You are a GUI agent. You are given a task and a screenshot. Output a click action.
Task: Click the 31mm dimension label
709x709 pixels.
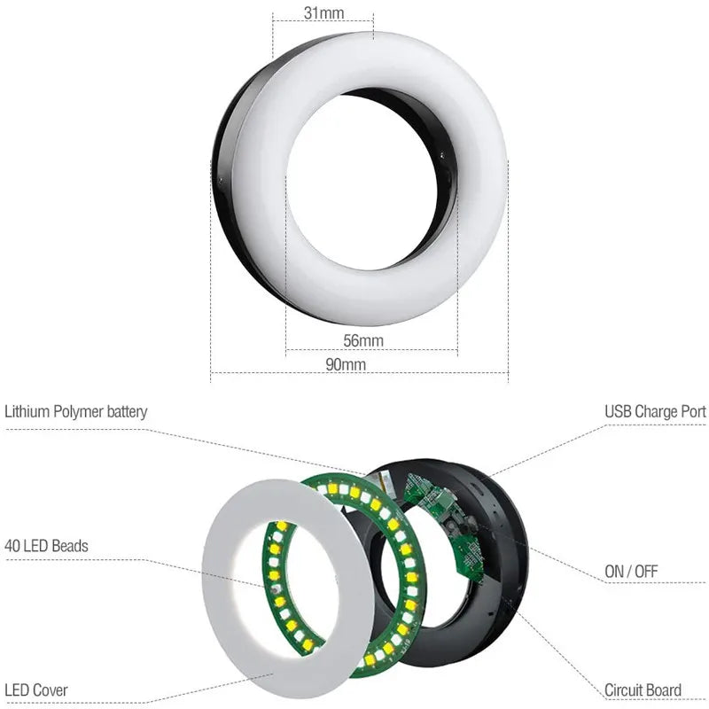[324, 12]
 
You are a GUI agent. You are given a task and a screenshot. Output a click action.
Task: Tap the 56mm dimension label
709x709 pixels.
[363, 340]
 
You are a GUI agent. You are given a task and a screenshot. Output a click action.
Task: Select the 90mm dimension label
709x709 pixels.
[346, 364]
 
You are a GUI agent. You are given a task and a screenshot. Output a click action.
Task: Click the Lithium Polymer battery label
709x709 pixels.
[76, 412]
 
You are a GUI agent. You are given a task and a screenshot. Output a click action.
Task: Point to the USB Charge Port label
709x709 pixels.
[655, 412]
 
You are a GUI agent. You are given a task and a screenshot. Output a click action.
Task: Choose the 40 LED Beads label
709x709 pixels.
[46, 546]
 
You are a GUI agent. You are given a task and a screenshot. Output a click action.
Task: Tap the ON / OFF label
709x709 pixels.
[631, 572]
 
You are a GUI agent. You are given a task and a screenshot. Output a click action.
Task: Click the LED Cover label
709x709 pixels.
[36, 690]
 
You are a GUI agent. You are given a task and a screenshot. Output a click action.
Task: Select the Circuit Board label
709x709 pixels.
[643, 690]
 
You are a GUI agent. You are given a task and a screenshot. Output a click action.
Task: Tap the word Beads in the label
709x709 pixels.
[69, 546]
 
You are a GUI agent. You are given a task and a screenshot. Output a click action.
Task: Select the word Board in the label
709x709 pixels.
[664, 690]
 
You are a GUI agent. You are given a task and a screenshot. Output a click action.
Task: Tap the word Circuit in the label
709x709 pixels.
[623, 690]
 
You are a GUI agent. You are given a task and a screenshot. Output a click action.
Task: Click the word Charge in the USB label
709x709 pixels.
[655, 412]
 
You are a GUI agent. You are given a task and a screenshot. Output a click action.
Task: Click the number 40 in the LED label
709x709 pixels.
[12, 546]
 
